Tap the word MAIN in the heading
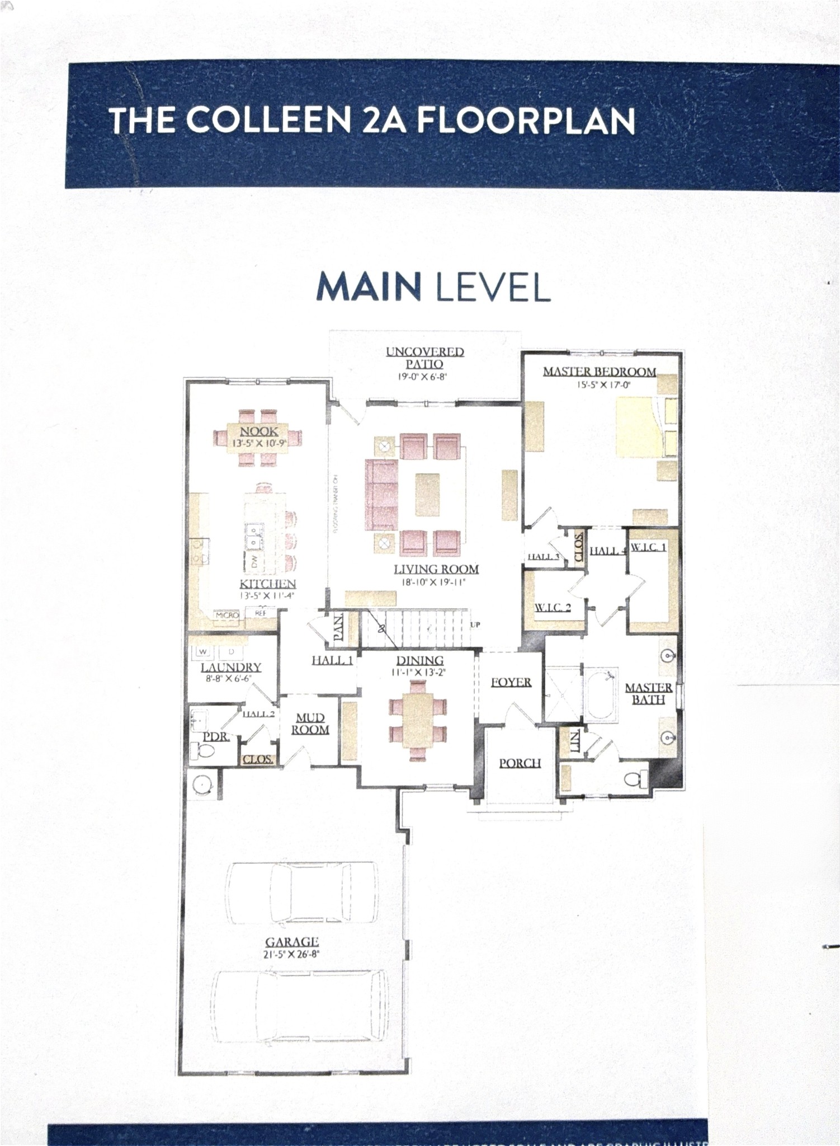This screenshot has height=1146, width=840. pyautogui.click(x=369, y=286)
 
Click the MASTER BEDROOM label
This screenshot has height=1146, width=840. pyautogui.click(x=600, y=372)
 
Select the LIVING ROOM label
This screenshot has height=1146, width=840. pyautogui.click(x=436, y=570)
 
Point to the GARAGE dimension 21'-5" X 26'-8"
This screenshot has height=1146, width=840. pyautogui.click(x=291, y=954)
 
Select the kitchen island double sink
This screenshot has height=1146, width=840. pyautogui.click(x=255, y=536)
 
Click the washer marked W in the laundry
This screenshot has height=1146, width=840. pyautogui.click(x=202, y=651)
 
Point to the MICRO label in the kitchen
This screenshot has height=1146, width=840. pyautogui.click(x=227, y=615)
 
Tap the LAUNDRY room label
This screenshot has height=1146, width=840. pyautogui.click(x=231, y=667)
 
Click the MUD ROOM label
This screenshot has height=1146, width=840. pyautogui.click(x=310, y=724)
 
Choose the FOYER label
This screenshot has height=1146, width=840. pyautogui.click(x=511, y=682)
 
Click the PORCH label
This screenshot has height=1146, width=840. pyautogui.click(x=520, y=763)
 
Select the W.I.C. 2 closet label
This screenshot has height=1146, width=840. pyautogui.click(x=553, y=608)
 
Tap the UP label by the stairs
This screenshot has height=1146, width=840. pyautogui.click(x=475, y=624)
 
